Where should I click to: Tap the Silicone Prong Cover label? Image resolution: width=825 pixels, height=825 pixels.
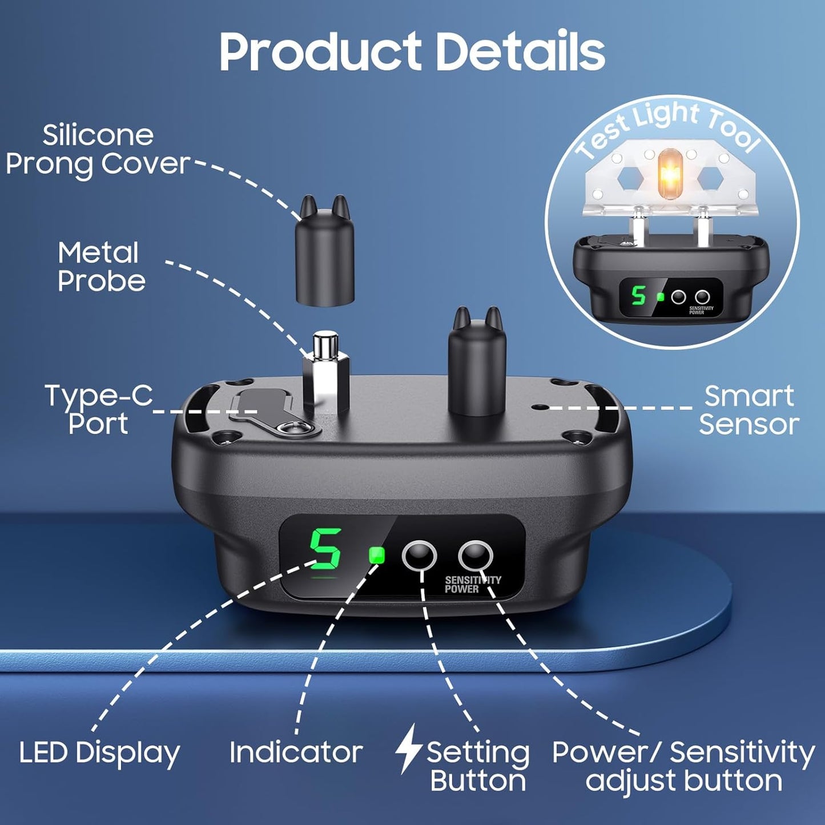pos(98,150)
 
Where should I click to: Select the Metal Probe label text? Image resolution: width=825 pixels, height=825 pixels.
pos(101,267)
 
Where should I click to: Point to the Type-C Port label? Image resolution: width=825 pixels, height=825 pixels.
pos(99,409)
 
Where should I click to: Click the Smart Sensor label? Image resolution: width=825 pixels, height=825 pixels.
pos(748,410)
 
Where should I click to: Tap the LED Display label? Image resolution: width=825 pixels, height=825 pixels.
pos(99,752)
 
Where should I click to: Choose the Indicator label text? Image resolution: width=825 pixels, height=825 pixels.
pos(296,752)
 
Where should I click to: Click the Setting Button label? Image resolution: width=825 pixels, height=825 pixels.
pos(478,767)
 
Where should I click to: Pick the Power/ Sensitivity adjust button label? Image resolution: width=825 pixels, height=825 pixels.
pos(683,767)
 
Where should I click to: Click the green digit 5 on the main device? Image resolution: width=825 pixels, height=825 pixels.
pos(325,549)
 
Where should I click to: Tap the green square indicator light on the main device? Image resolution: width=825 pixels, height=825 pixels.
pos(377,555)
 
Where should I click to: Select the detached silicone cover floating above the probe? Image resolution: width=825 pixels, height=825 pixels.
pos(324,251)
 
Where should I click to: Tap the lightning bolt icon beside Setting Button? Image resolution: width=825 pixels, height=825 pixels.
pos(408,749)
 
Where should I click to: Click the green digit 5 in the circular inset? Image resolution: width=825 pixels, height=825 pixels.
pos(638,296)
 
